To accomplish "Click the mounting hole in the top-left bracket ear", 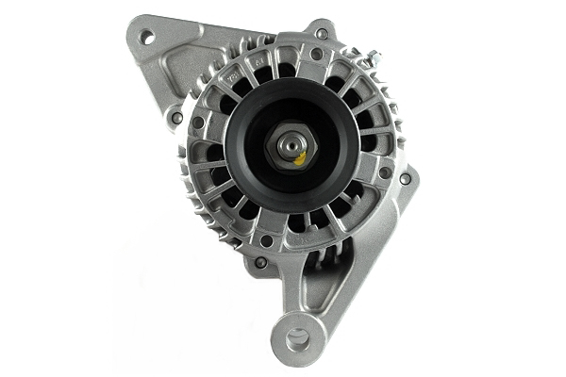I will point(147,37).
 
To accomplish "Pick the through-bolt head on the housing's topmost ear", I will point(322,34).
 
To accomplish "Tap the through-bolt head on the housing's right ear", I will point(406,178).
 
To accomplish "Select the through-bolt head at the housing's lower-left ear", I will point(260,262).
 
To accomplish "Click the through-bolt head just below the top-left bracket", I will point(176,118).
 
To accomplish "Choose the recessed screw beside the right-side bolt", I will point(384,172).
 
